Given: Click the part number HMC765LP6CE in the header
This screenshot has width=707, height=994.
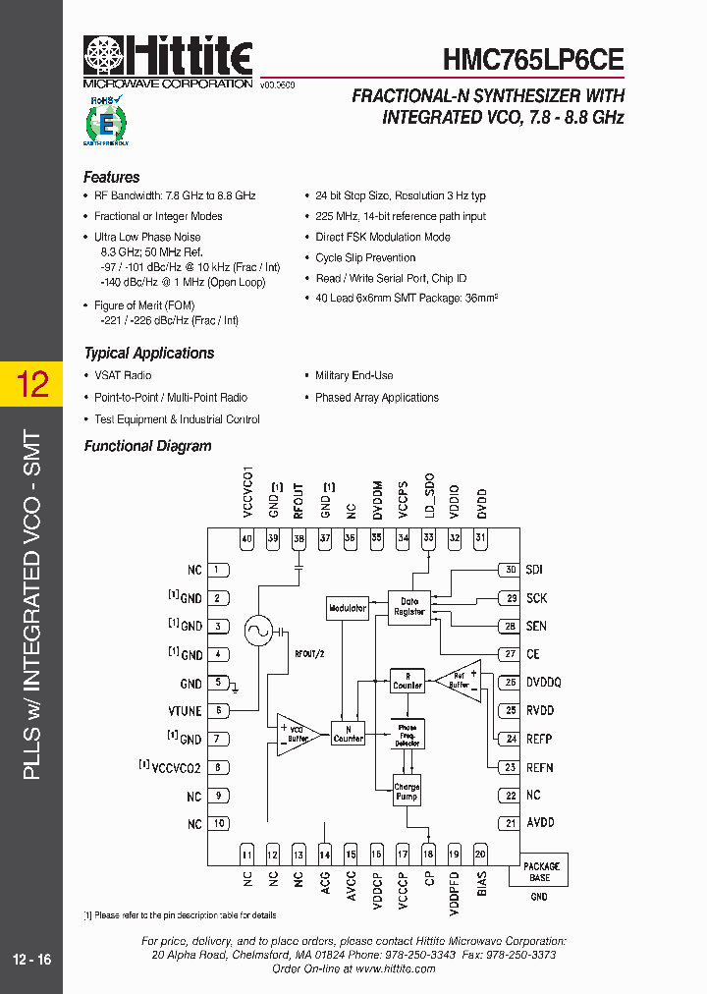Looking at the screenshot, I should [x=533, y=59].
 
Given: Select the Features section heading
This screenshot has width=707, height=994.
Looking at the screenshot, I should [x=111, y=178].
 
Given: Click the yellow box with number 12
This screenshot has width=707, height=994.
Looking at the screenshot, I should [x=32, y=384].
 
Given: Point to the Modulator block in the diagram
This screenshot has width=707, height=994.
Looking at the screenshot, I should [x=348, y=608].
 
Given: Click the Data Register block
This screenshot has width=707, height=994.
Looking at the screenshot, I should [x=408, y=606].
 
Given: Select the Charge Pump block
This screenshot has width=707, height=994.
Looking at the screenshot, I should [x=407, y=792].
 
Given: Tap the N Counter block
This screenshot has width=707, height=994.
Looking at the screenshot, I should [x=348, y=733].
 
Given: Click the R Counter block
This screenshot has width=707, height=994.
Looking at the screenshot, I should [x=407, y=680].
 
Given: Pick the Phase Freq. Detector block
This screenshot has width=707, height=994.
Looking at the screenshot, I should [x=407, y=734].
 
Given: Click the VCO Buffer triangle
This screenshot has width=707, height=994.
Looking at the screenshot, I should [x=295, y=734].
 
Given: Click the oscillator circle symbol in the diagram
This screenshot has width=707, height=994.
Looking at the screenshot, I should [x=259, y=630].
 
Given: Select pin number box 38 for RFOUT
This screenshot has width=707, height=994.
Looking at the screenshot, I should [x=299, y=538].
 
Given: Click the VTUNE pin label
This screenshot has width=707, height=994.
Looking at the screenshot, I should [x=186, y=710].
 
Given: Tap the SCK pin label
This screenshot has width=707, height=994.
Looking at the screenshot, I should [x=536, y=598].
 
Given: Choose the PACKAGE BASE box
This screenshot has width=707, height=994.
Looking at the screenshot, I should [x=539, y=871].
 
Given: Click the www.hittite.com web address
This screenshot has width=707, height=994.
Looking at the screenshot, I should [x=395, y=968].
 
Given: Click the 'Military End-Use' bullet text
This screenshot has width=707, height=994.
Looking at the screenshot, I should [x=353, y=375].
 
